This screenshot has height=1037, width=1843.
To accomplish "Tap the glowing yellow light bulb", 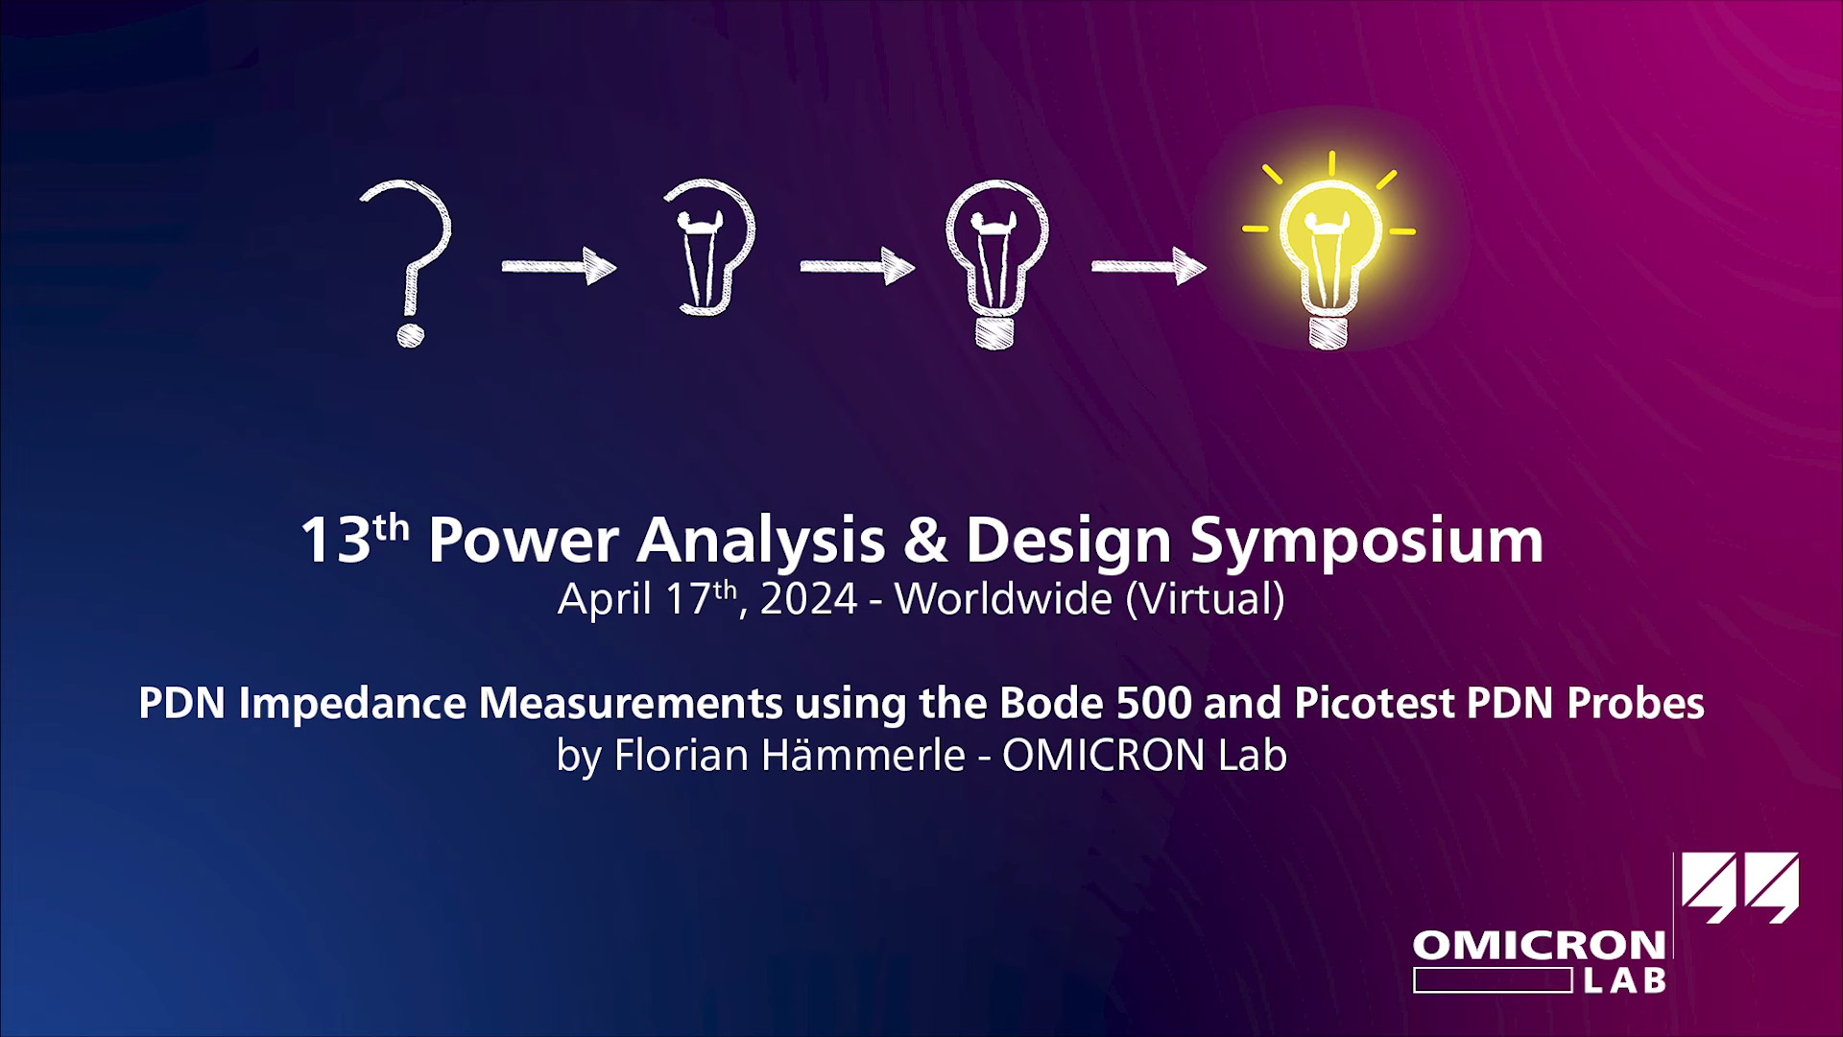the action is [x=1329, y=253].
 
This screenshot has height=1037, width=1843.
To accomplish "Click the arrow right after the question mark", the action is [x=559, y=266].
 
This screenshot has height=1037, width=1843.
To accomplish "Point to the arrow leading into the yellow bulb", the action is [x=1148, y=266].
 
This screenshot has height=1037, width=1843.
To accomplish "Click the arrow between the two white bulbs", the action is [x=857, y=266].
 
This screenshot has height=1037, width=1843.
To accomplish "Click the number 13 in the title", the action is [x=335, y=543].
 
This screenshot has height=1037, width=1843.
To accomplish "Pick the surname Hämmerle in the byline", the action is [x=863, y=756].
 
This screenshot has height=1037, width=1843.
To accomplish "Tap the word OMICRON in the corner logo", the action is [x=1539, y=946].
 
